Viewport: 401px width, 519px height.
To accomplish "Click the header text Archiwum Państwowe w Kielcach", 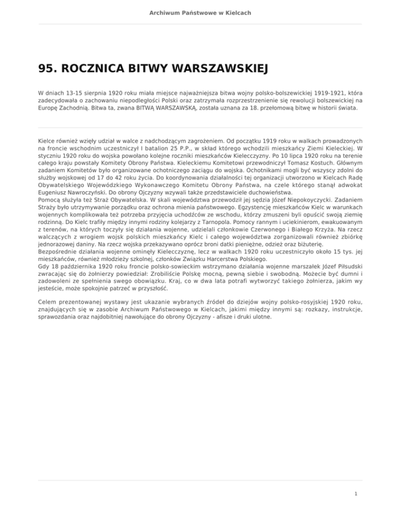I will (x=200, y=12).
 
